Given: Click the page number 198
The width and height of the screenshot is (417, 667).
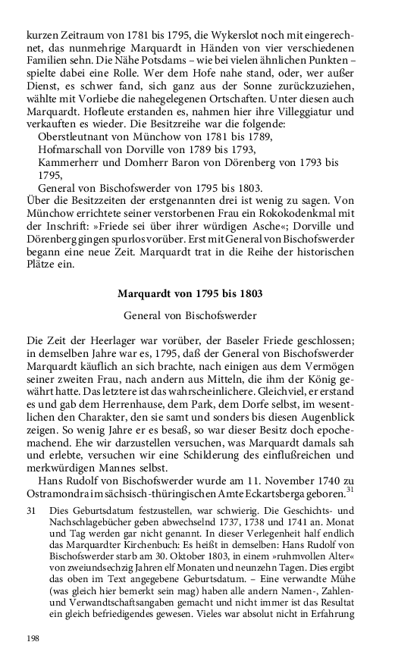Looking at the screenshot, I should pos(33,639).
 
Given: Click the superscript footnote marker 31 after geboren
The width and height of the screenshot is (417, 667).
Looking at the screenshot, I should pos(350,487).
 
